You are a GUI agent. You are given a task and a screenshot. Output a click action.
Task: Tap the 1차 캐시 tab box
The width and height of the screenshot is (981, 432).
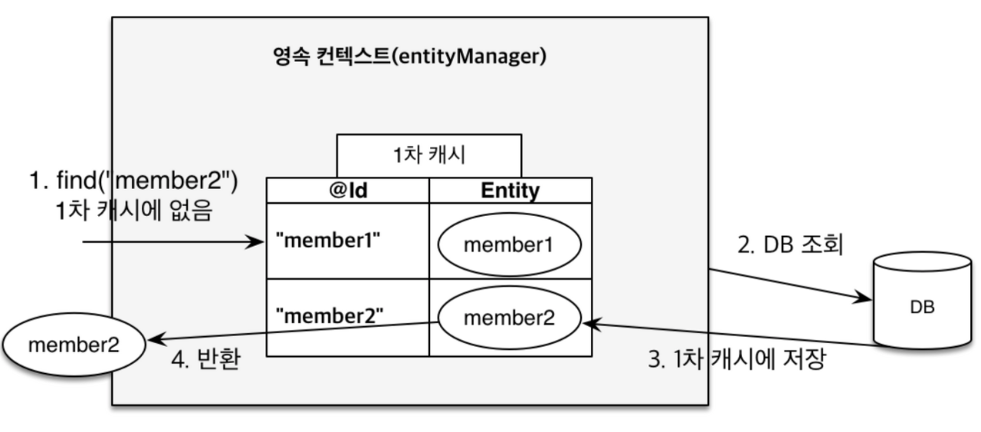click(x=429, y=155)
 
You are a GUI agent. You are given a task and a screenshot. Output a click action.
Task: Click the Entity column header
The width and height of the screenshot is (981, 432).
click(x=510, y=191)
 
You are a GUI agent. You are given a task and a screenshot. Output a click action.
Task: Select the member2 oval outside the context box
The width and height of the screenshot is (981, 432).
click(x=74, y=345)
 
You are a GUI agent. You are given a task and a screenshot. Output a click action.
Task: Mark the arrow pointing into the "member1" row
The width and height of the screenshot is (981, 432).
click(x=172, y=242)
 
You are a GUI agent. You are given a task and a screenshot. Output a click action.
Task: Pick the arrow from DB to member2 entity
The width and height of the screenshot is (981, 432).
click(x=728, y=334)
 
